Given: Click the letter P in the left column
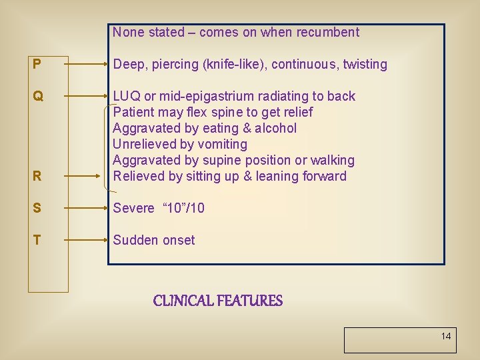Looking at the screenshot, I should click(x=37, y=65).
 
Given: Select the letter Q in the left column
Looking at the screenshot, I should click(x=38, y=97).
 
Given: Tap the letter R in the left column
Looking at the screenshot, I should click(x=37, y=177).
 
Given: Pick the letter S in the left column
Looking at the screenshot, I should click(x=37, y=209).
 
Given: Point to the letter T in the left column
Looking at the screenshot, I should click(x=37, y=241).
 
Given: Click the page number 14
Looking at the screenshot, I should click(x=445, y=336).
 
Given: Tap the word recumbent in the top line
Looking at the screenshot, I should click(x=327, y=32).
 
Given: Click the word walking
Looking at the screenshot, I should click(x=331, y=161).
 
